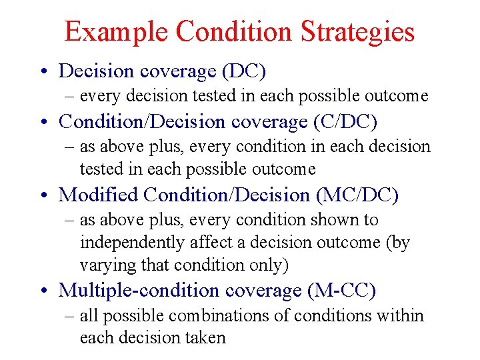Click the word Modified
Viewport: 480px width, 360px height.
pyautogui.click(x=98, y=195)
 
